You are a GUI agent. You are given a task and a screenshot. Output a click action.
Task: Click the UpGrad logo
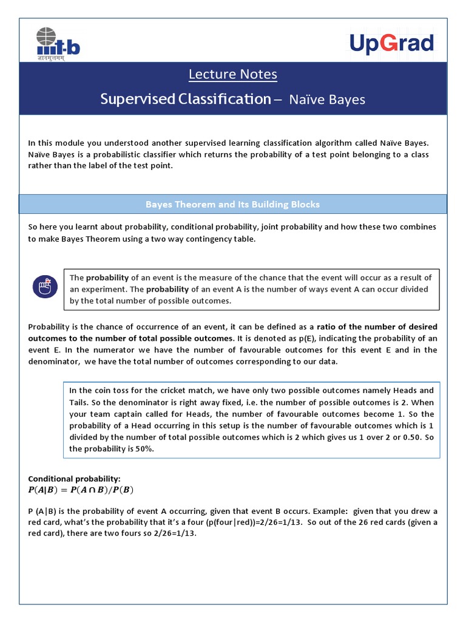tap(391, 44)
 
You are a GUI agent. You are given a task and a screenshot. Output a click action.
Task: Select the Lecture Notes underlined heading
tap(232, 74)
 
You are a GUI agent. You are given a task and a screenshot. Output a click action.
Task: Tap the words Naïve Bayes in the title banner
tap(326, 99)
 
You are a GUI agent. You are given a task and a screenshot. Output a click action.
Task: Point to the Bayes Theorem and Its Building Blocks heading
tap(232, 204)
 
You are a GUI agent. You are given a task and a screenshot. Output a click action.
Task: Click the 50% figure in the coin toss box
tap(145, 449)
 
